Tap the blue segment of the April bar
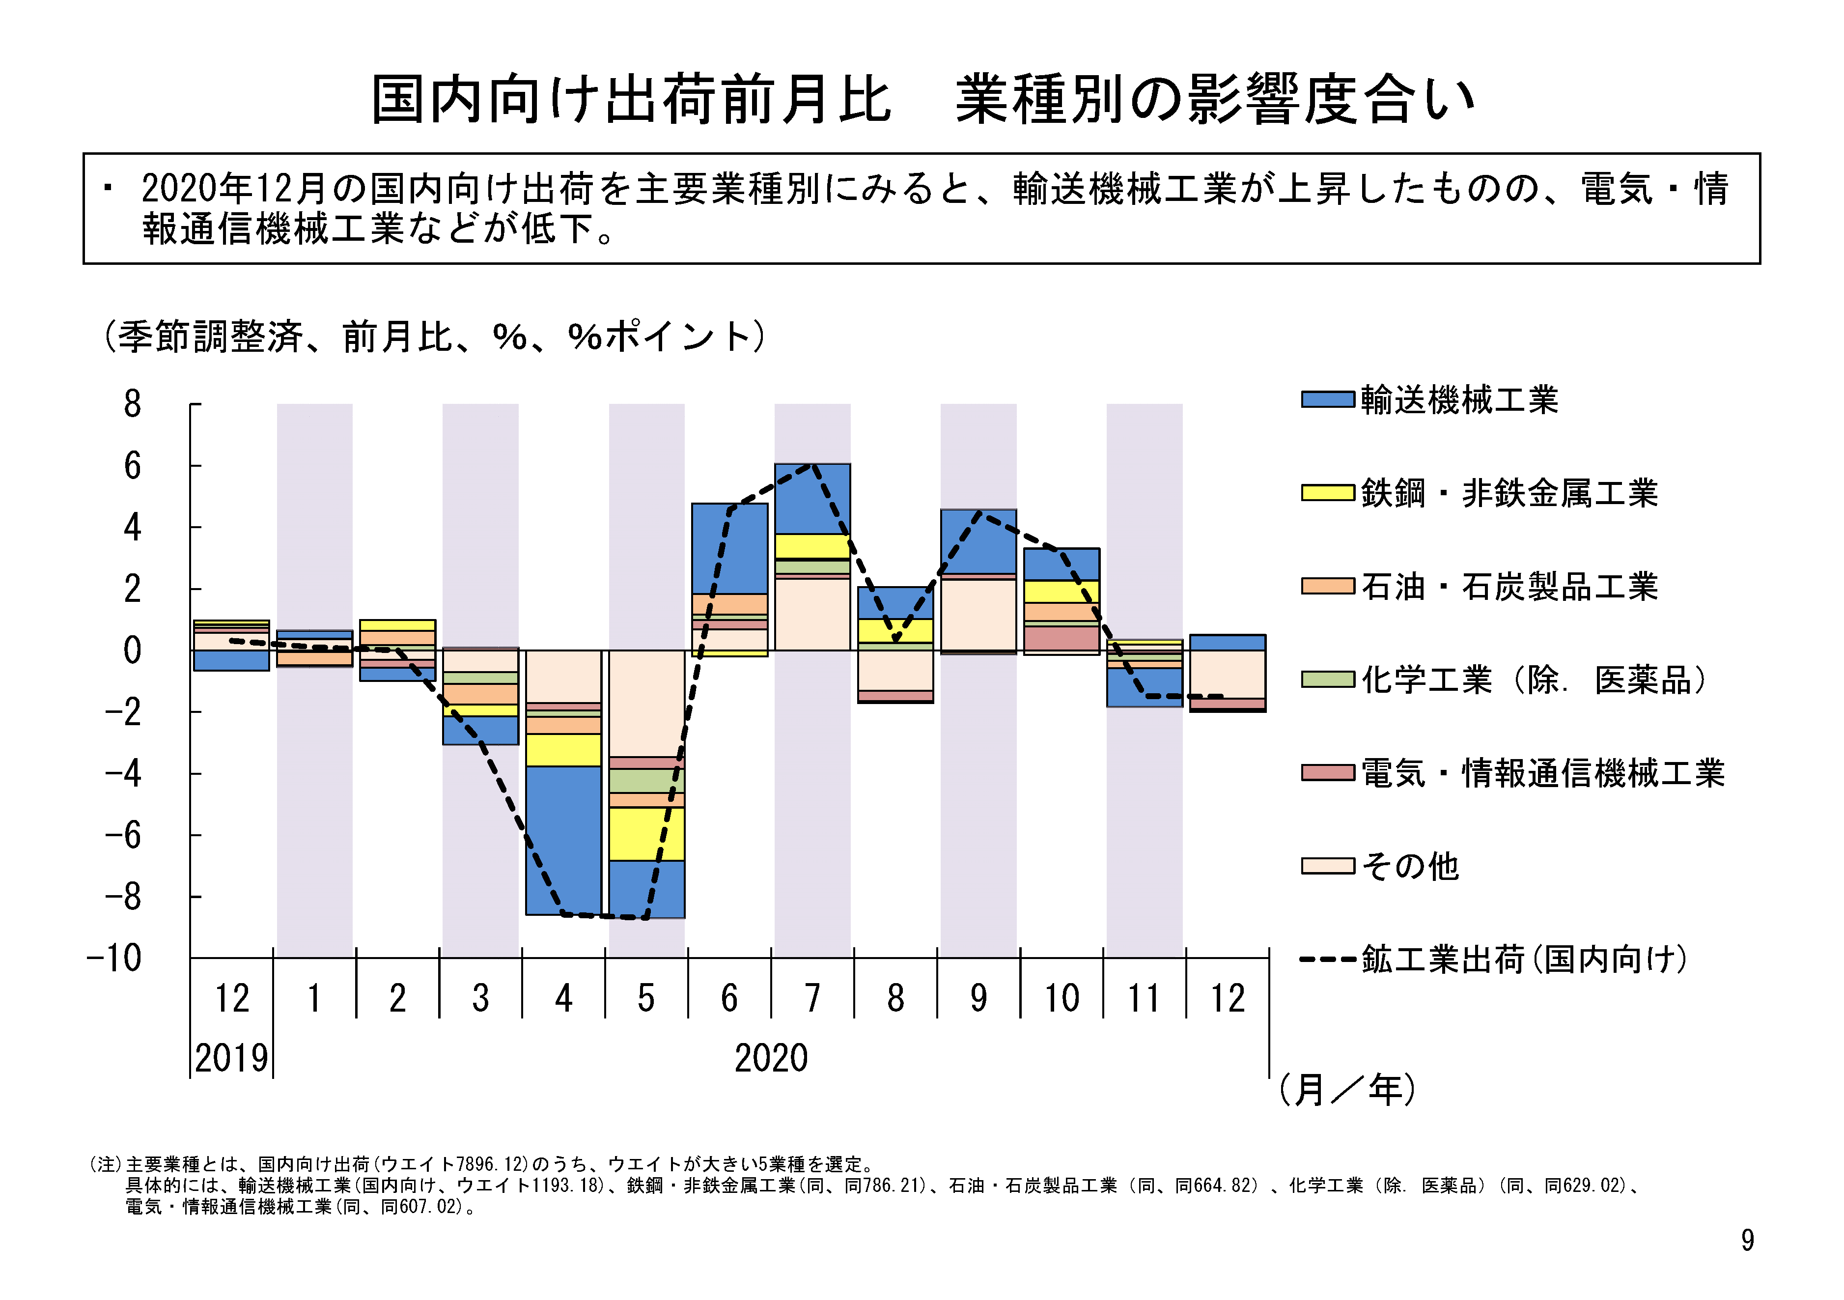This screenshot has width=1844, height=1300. (x=563, y=840)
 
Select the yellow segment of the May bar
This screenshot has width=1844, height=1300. (x=646, y=834)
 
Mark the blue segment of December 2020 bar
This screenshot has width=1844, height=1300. (x=1227, y=642)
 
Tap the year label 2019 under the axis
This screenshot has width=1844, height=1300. (x=231, y=1058)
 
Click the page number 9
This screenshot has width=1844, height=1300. (x=1747, y=1241)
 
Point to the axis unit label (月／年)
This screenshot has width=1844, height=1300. (x=1347, y=1090)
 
